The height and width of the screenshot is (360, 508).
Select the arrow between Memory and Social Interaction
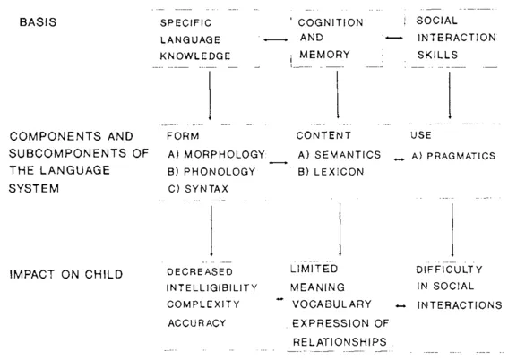tap(393, 38)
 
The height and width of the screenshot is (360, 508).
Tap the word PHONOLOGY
tap(220, 171)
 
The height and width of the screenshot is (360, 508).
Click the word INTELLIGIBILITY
tap(212, 287)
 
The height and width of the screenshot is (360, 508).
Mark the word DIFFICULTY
tap(449, 270)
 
